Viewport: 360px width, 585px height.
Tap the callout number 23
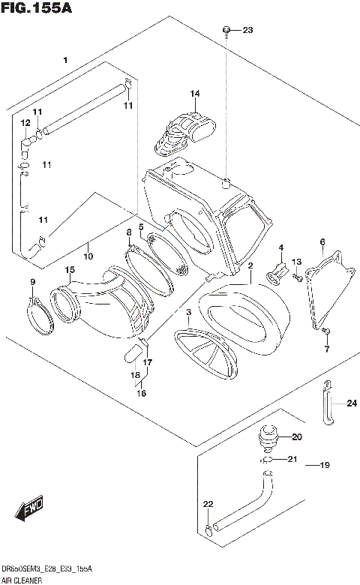click(x=248, y=30)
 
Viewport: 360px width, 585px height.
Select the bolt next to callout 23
click(x=226, y=30)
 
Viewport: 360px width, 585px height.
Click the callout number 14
click(x=195, y=94)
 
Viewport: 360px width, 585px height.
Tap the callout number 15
click(x=69, y=270)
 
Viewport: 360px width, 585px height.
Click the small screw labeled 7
click(x=326, y=330)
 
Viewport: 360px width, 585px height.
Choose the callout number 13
click(x=296, y=261)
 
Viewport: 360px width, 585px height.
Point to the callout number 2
click(x=250, y=266)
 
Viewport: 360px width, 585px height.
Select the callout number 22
click(x=208, y=504)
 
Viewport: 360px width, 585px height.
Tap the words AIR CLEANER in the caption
click(x=23, y=580)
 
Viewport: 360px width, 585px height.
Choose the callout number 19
click(x=324, y=466)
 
